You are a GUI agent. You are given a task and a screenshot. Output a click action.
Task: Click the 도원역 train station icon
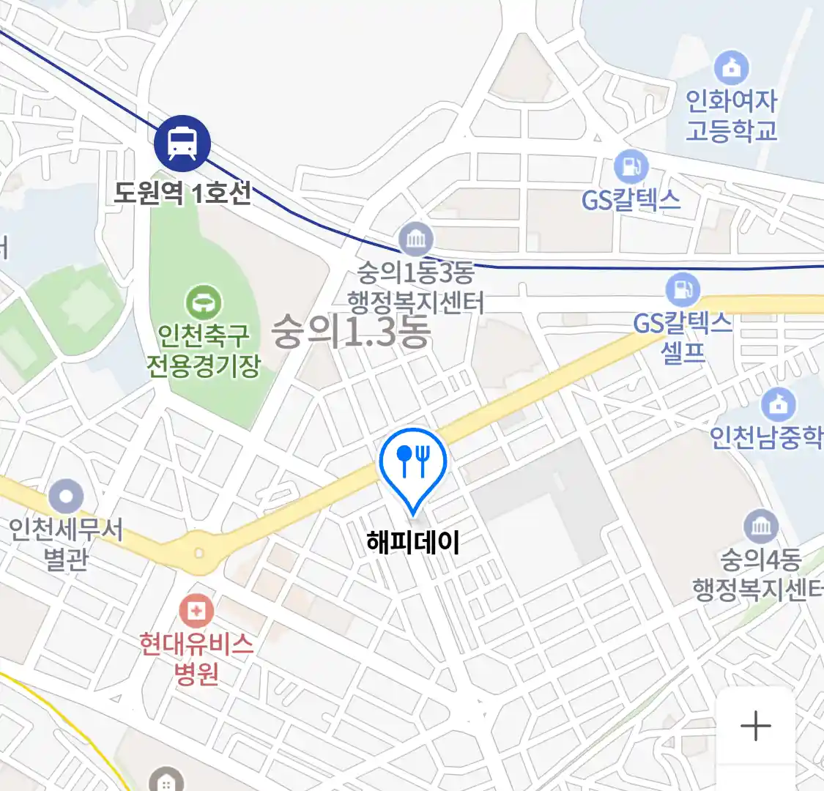click(x=182, y=143)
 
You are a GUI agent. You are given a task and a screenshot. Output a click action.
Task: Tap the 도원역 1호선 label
click(x=182, y=193)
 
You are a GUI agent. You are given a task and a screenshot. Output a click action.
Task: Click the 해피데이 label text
click(x=413, y=543)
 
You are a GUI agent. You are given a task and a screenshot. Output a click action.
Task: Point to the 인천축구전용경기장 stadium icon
click(x=204, y=302)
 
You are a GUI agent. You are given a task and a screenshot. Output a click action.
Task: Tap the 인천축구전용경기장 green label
click(x=204, y=350)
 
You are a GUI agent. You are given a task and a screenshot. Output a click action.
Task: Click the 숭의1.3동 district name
click(x=351, y=332)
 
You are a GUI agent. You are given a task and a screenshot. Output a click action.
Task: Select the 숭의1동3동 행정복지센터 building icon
click(x=416, y=239)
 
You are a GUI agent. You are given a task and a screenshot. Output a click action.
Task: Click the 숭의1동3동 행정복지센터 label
click(x=415, y=288)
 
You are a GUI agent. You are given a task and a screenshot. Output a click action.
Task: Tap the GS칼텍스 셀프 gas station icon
click(x=683, y=289)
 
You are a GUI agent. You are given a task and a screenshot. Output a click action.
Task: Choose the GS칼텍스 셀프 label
click(x=683, y=336)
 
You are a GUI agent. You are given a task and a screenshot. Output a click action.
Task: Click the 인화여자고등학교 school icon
click(x=731, y=68)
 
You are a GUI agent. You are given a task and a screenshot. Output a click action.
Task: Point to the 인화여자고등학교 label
click(x=731, y=116)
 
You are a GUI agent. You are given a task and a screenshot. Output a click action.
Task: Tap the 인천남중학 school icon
click(x=779, y=404)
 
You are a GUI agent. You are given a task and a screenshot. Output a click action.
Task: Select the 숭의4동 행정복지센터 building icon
click(x=761, y=527)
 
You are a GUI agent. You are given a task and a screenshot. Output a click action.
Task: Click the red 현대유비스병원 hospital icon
click(x=197, y=610)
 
